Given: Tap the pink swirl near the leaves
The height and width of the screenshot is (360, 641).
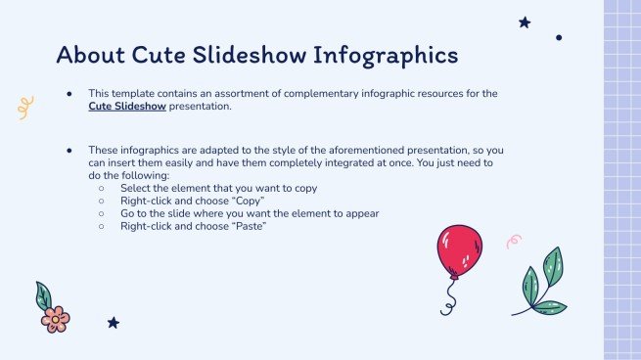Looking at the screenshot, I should (x=513, y=241).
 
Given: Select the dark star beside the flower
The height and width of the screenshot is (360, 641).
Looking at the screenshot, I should (x=113, y=322).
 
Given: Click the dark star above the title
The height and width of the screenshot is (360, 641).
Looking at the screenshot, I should (x=525, y=22).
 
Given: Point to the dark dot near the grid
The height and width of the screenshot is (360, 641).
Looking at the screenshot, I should (x=559, y=38).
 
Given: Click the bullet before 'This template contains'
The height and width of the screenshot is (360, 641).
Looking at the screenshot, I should (x=69, y=94).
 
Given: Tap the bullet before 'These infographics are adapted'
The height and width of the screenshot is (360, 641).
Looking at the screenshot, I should (x=69, y=150).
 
